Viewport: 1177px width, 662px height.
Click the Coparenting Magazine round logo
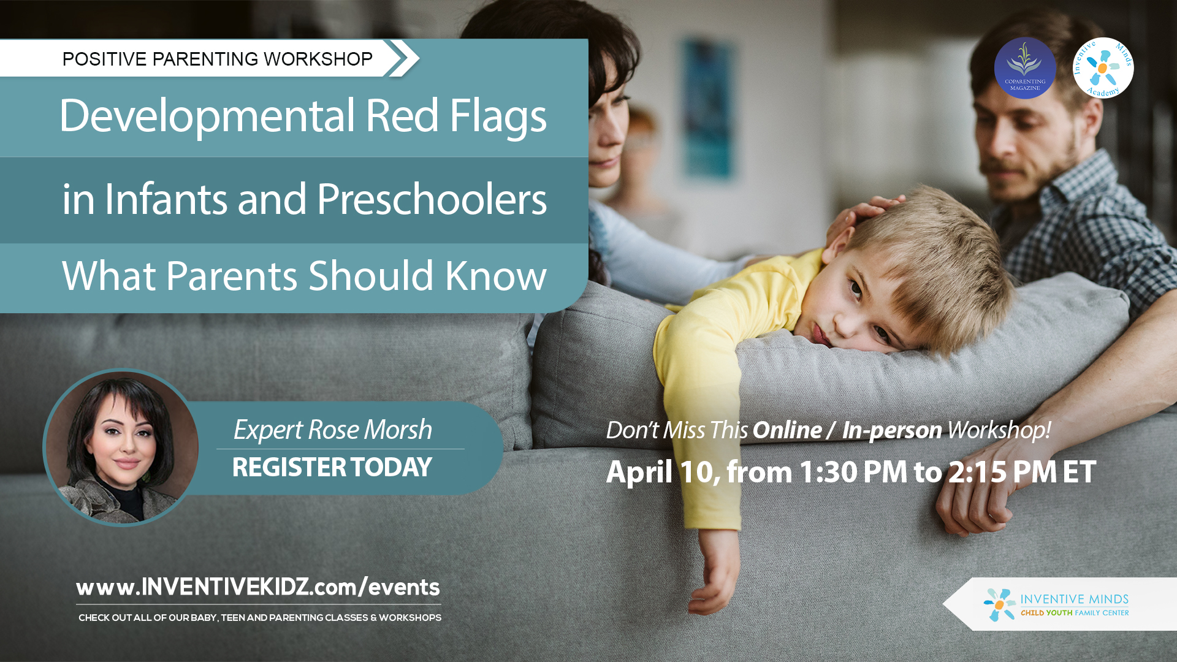point(1024,68)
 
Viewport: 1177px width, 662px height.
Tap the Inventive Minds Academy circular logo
point(1103,68)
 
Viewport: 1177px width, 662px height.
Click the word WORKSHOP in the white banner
point(318,59)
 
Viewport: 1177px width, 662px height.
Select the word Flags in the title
point(498,116)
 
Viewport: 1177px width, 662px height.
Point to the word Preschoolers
point(432,199)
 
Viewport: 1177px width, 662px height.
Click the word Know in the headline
point(496,275)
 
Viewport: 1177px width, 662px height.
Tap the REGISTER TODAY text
point(332,467)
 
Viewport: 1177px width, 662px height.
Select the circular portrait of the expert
point(122,447)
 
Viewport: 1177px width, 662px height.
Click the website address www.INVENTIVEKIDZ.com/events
point(258,587)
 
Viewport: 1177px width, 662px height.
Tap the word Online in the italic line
point(787,430)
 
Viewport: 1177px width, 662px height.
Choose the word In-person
point(892,430)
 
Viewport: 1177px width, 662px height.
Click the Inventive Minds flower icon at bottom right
point(1000,604)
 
